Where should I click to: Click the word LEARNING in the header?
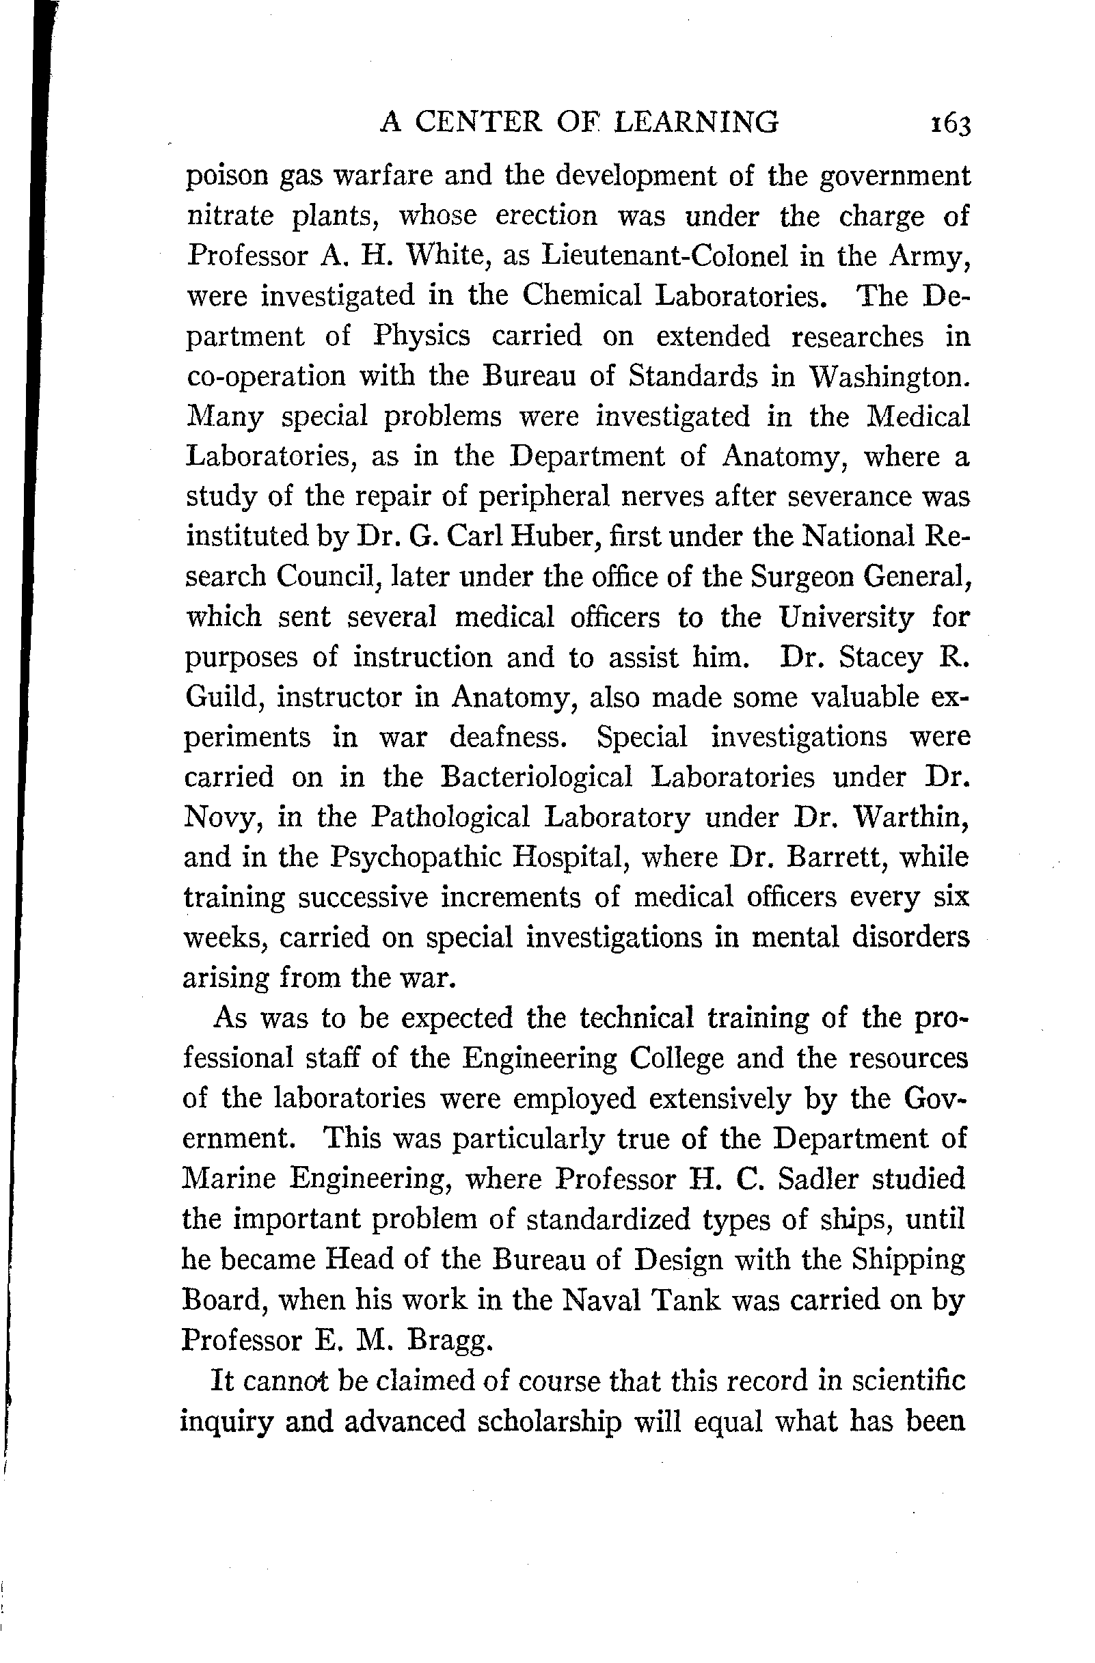pyautogui.click(x=696, y=122)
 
